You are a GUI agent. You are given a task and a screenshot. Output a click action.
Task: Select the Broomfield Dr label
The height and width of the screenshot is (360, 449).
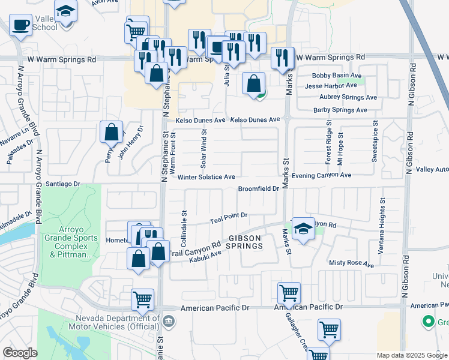coord(259,188)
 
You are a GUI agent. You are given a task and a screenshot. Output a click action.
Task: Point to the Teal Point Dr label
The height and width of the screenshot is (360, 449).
coord(229,218)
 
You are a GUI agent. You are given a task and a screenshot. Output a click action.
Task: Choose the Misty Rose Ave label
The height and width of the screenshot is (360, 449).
coord(352,263)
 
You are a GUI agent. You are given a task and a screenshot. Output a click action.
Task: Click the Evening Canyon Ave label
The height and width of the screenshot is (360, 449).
coord(322,175)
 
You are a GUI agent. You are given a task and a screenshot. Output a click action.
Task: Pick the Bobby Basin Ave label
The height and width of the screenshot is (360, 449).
coord(337,76)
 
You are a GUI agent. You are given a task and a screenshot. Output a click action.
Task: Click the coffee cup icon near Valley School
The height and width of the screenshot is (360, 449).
coord(21,25)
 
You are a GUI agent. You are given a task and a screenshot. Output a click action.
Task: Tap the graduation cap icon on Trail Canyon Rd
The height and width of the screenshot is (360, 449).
coord(303,229)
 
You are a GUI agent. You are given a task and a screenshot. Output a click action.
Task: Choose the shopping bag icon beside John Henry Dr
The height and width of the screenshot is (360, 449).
coord(112,132)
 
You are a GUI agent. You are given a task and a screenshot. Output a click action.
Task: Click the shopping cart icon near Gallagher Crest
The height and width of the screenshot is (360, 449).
coord(289,293)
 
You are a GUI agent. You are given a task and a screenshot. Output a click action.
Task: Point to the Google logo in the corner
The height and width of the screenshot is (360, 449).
coord(20,353)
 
